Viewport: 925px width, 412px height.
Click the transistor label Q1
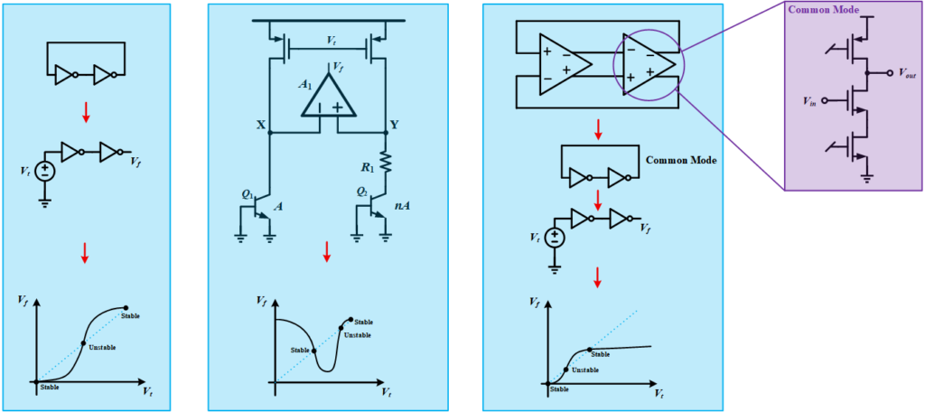pos(248,192)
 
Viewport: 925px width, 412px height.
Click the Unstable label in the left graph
pos(102,347)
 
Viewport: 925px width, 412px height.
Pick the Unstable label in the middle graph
pos(358,335)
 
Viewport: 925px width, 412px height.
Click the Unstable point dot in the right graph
pos(566,370)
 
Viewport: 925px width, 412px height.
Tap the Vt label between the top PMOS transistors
pos(332,37)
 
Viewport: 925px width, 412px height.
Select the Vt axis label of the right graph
pos(660,392)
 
